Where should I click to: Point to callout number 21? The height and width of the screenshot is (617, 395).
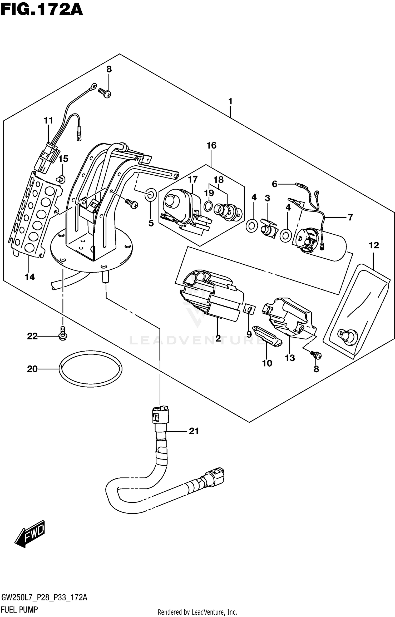194,431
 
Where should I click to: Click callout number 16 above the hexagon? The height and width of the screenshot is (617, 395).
211,145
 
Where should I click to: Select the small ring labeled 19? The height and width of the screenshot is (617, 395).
208,206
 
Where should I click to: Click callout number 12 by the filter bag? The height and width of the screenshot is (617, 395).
374,245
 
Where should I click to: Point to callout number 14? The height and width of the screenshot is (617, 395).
30,277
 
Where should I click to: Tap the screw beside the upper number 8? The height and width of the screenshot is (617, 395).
105,92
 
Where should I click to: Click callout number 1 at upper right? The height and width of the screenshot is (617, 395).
230,101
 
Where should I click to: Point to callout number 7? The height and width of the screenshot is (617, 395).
350,217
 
